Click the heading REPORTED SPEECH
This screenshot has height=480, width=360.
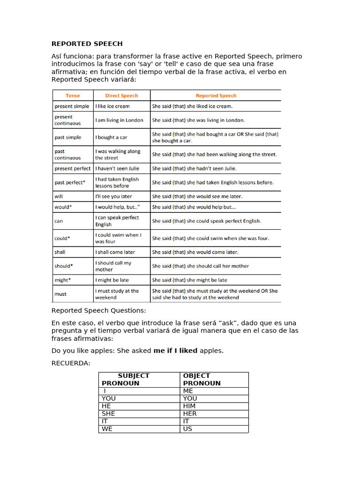[x=87, y=44]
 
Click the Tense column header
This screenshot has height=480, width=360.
[x=73, y=96]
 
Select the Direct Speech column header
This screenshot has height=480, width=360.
[x=121, y=96]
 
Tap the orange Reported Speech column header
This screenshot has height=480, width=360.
[x=216, y=96]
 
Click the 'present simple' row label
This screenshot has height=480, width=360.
[x=72, y=106]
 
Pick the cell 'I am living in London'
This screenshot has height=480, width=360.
[x=120, y=120]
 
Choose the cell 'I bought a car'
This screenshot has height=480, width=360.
[x=111, y=137]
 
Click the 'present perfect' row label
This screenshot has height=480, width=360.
[x=73, y=168]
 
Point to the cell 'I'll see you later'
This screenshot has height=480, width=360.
[x=114, y=196]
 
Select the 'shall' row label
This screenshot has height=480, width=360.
[x=60, y=252]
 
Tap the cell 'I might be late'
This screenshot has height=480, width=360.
[x=112, y=280]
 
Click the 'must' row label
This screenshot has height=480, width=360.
[x=60, y=294]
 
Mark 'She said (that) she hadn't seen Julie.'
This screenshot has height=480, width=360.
[x=194, y=168]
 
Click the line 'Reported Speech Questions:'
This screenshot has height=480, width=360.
[x=98, y=310]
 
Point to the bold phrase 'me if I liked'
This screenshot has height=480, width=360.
[x=175, y=351]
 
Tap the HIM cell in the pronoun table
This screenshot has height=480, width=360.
[x=189, y=406]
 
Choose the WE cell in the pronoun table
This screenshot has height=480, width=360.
[x=107, y=428]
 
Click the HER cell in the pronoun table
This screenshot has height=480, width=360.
[x=190, y=413]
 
